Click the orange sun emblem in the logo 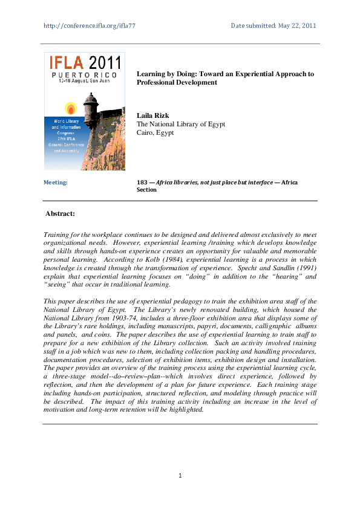[x=70, y=109]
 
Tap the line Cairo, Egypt [x=155, y=132]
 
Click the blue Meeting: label [x=56, y=182]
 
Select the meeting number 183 [x=143, y=182]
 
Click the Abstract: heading [x=61, y=214]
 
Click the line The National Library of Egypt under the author [x=181, y=124]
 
